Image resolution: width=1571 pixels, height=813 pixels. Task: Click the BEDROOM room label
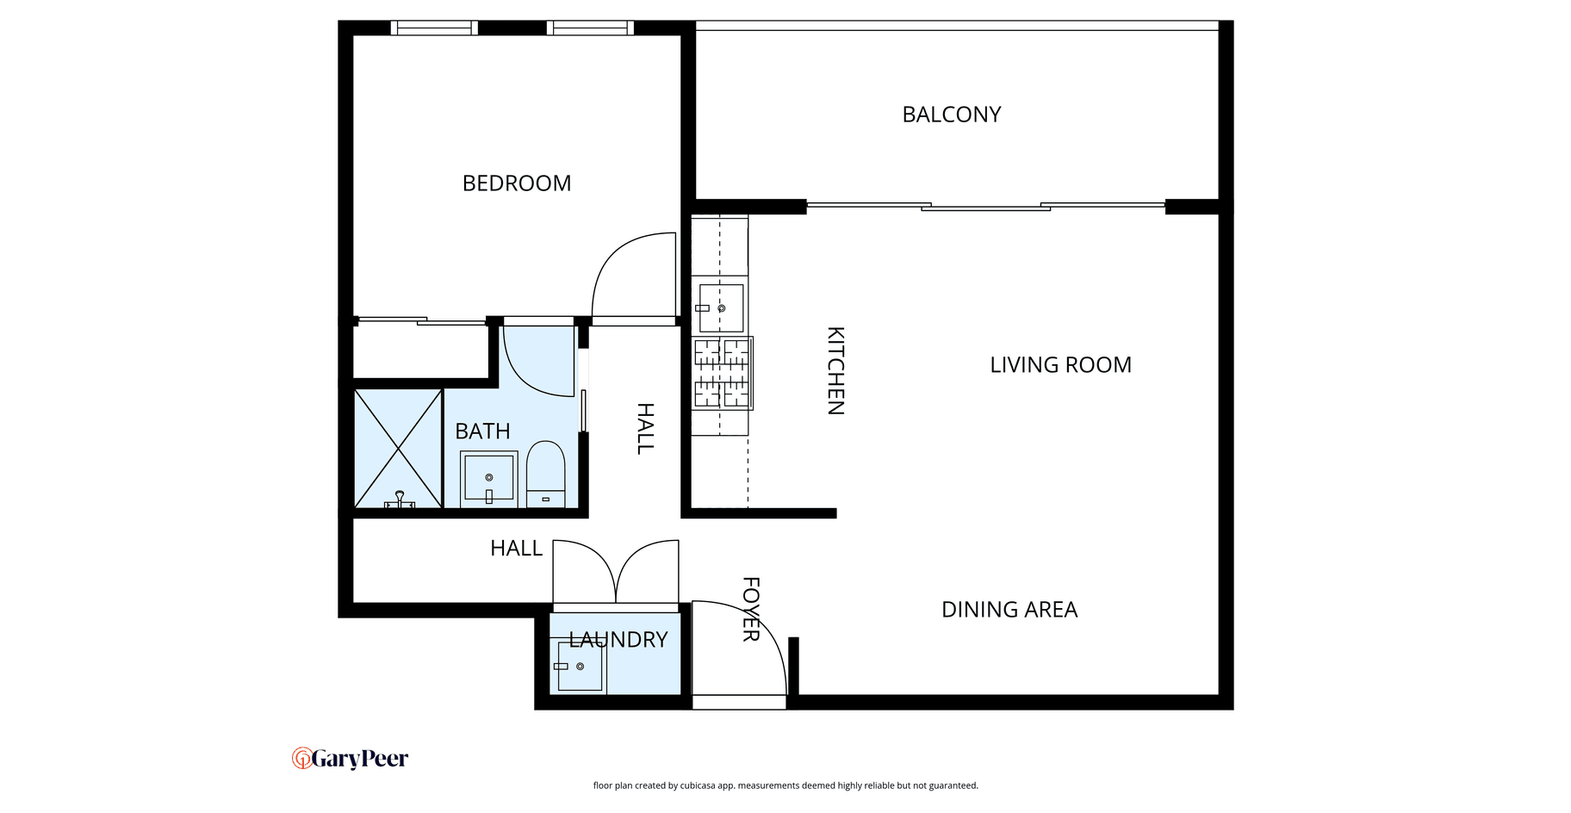click(x=517, y=183)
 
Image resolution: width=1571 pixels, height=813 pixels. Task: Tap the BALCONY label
click(x=952, y=115)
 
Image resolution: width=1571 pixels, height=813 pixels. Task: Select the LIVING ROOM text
click(x=1060, y=365)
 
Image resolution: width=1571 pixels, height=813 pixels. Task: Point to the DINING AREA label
click(x=1009, y=610)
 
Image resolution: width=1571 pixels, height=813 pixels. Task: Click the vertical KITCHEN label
click(x=835, y=370)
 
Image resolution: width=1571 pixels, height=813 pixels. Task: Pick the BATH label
click(x=482, y=431)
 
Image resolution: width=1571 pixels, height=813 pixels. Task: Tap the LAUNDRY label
click(x=618, y=640)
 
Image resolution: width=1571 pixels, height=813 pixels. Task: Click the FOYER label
click(x=751, y=610)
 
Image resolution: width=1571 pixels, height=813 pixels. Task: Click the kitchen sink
click(x=720, y=307)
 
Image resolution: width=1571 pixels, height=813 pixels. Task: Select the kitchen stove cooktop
click(x=723, y=372)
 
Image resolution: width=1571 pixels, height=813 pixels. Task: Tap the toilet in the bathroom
click(x=545, y=475)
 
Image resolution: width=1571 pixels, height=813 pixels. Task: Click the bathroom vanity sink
click(x=488, y=479)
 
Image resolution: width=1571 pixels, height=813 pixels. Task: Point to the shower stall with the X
click(x=398, y=449)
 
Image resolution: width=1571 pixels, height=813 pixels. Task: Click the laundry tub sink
click(x=580, y=667)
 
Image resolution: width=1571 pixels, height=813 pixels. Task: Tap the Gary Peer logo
click(x=350, y=759)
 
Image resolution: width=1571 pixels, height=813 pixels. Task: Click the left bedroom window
click(x=434, y=28)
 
